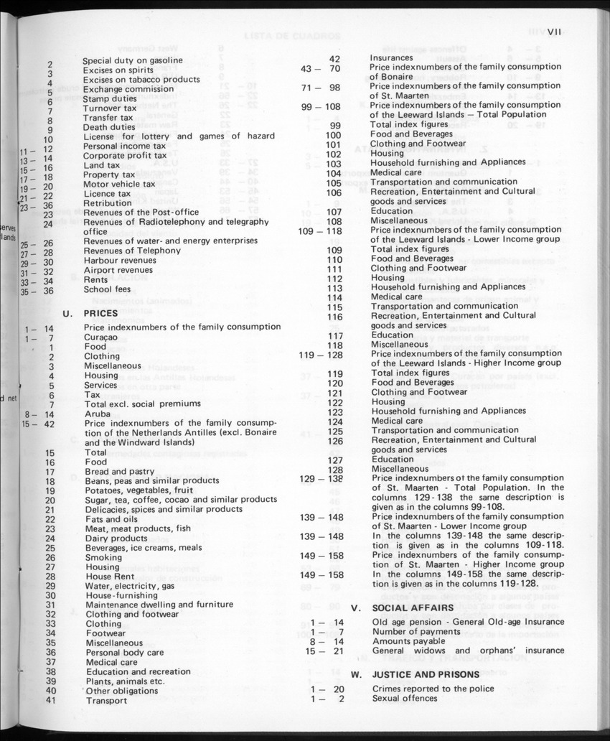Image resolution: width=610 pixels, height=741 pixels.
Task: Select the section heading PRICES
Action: (101, 313)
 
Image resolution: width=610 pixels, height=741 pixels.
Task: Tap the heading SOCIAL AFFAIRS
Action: (408, 608)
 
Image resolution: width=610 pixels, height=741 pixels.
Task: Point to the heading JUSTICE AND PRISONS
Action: (426, 675)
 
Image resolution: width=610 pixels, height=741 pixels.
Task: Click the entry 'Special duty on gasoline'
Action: (133, 60)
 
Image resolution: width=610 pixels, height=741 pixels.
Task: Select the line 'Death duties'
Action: (109, 127)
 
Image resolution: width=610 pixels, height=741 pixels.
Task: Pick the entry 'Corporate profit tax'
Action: (125, 155)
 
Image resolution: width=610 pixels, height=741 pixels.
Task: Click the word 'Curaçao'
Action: (101, 337)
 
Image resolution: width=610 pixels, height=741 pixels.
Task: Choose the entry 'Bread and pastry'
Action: (120, 471)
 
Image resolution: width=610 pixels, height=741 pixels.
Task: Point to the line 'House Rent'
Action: (110, 576)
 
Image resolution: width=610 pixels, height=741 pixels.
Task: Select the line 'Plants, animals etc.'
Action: (125, 681)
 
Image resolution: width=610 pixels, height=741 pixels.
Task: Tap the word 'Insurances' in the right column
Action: (391, 57)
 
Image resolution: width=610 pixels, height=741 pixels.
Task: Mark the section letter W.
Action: (355, 675)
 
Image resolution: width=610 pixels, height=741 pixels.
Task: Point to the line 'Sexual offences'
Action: (404, 698)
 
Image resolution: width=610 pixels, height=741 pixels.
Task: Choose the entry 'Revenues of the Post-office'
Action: (141, 213)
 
